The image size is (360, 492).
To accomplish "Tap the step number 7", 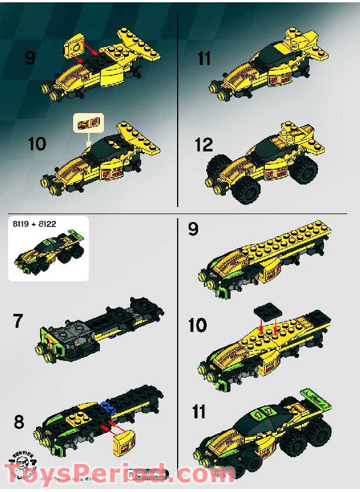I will (19, 320).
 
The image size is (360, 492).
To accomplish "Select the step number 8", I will (19, 422).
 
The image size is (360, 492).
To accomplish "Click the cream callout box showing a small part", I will (88, 122).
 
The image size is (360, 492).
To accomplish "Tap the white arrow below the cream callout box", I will (88, 139).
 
